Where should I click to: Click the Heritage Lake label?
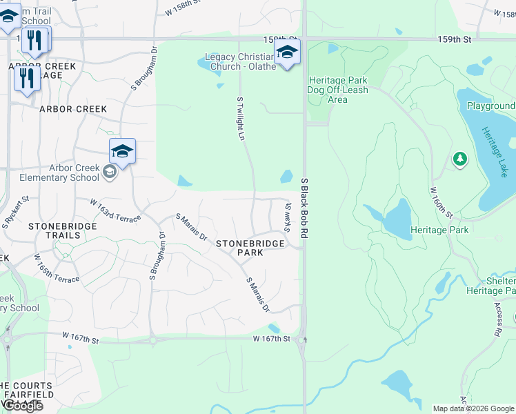point(494,151)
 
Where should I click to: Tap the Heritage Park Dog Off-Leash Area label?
point(338,90)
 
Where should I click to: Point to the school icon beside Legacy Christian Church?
point(287,52)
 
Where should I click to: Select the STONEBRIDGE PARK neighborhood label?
point(241,248)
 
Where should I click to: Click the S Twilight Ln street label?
point(241,119)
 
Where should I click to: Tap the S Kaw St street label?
point(288,217)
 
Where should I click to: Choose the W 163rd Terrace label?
point(115,210)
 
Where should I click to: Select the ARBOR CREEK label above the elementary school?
point(73,109)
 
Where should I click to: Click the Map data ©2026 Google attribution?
point(473,408)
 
